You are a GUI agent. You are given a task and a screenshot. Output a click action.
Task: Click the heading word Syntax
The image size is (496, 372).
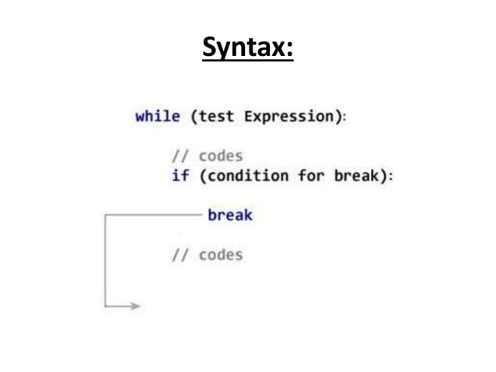(247, 49)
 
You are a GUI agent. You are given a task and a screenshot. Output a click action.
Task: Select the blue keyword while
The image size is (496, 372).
(158, 117)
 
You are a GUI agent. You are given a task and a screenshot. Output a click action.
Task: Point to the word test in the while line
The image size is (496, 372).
(217, 117)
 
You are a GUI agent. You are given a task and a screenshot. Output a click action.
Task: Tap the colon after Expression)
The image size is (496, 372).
(344, 118)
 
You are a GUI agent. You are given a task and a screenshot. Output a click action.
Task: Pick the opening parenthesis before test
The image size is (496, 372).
(194, 117)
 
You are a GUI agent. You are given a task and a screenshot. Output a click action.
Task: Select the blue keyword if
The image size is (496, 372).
(180, 175)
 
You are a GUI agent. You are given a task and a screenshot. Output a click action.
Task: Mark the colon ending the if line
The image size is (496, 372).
(391, 176)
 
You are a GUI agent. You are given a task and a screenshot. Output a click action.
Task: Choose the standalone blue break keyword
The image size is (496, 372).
(230, 215)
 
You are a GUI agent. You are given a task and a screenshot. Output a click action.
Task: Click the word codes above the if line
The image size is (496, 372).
(221, 156)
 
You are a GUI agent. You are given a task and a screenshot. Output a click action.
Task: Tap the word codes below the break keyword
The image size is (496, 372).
(221, 255)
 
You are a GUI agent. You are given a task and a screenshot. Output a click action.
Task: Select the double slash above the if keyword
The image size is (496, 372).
(181, 156)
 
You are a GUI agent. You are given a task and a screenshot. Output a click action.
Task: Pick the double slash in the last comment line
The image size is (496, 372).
(181, 255)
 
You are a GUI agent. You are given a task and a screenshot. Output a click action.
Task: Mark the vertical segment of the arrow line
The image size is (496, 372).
(105, 261)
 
